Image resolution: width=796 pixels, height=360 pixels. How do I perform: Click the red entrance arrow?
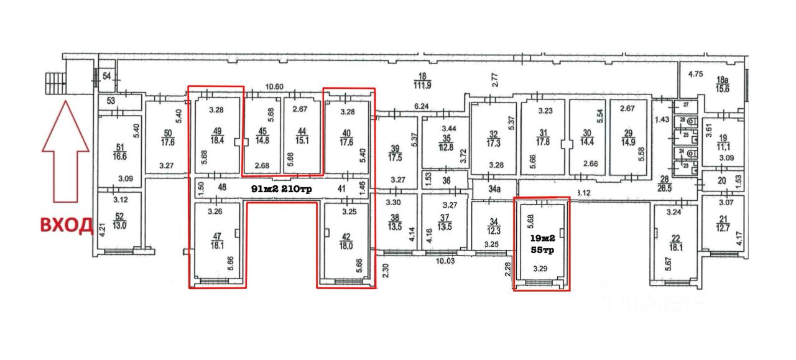pos(65,154)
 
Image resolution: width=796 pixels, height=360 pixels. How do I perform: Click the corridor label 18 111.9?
pos(425,81)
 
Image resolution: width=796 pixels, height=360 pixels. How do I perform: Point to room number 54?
pos(106,76)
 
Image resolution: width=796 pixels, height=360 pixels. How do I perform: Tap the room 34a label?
pos(494,188)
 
